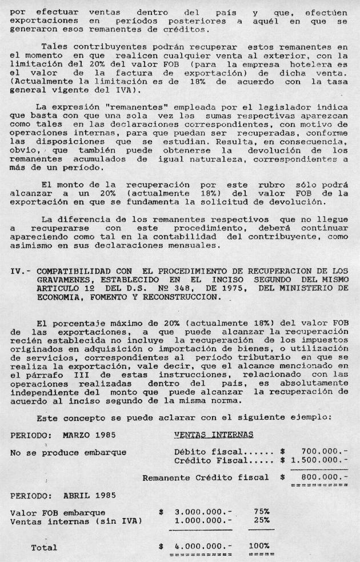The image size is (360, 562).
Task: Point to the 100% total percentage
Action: point(259,547)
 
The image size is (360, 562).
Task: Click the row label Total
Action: point(44,547)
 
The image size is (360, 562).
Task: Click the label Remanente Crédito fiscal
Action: point(206,477)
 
